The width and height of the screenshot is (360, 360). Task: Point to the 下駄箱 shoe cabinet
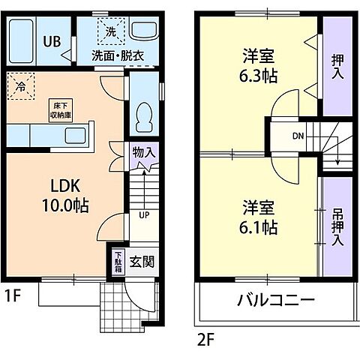117,262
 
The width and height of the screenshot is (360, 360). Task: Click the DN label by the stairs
297,136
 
